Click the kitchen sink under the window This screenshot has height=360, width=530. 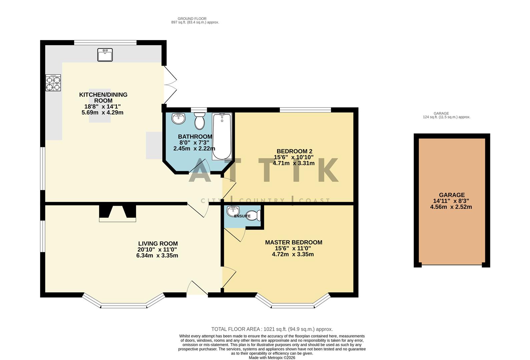tap(105, 55)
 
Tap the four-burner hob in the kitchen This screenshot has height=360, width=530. tap(53, 83)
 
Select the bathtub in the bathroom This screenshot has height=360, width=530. tap(222, 137)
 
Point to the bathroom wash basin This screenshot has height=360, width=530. tap(179, 118)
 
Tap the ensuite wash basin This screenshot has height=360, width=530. tap(233, 211)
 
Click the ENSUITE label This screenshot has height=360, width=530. tap(242, 216)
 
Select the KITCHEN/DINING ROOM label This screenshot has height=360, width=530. tap(103, 98)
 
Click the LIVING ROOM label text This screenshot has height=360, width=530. tap(158, 244)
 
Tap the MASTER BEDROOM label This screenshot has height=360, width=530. tap(294, 242)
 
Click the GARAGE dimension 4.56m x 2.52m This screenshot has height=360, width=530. tap(451, 207)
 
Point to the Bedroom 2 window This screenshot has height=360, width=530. tap(305, 110)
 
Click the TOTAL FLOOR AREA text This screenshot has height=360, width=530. tap(272, 329)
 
